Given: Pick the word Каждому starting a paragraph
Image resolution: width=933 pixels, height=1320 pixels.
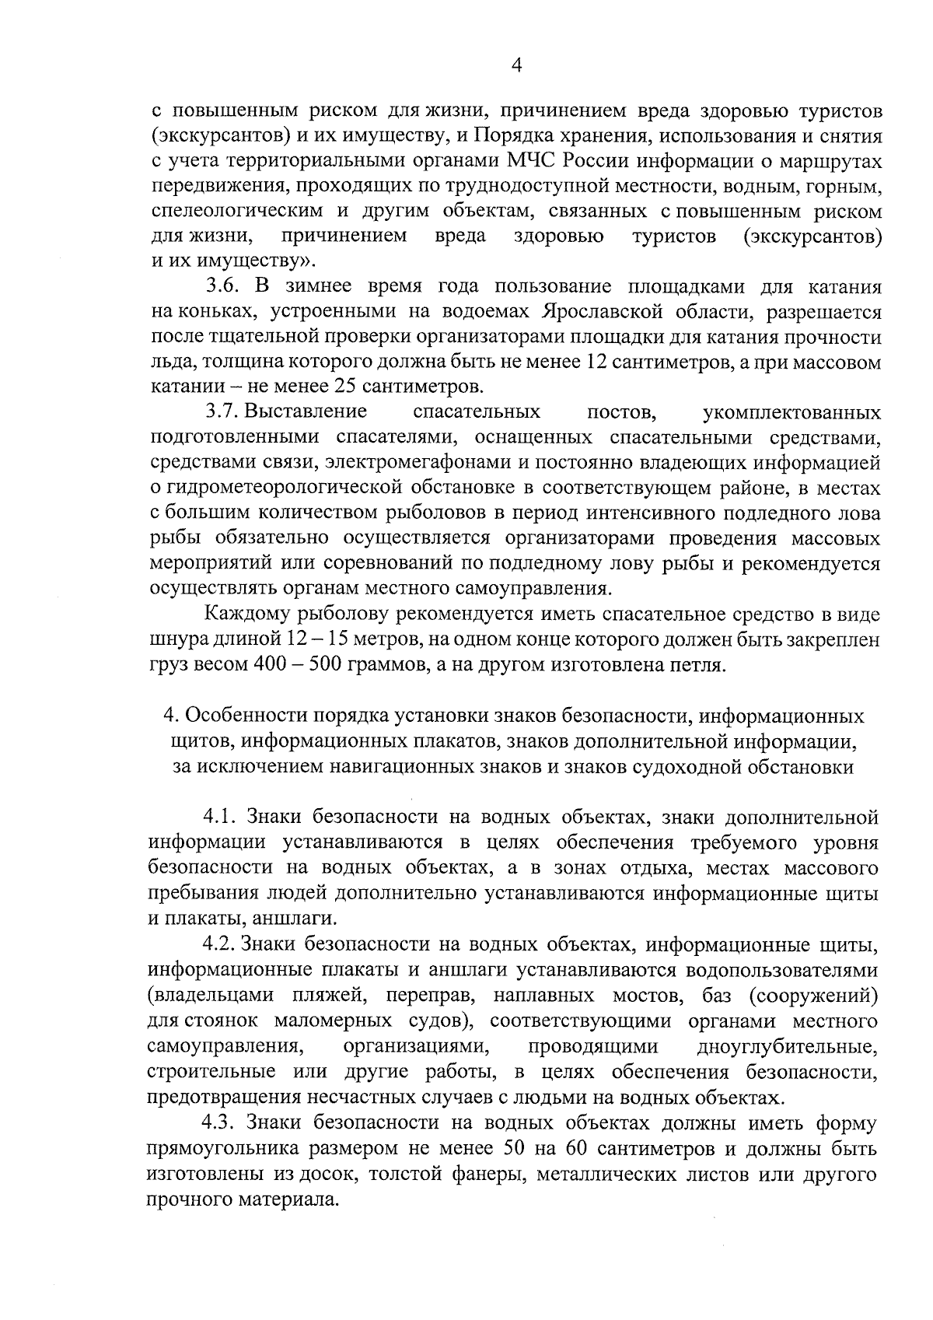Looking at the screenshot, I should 246,614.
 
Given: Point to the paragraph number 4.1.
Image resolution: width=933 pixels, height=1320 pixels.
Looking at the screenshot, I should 219,818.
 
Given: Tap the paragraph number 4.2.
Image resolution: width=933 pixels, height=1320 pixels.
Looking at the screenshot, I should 219,945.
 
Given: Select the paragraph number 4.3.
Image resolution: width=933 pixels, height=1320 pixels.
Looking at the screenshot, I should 219,1123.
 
